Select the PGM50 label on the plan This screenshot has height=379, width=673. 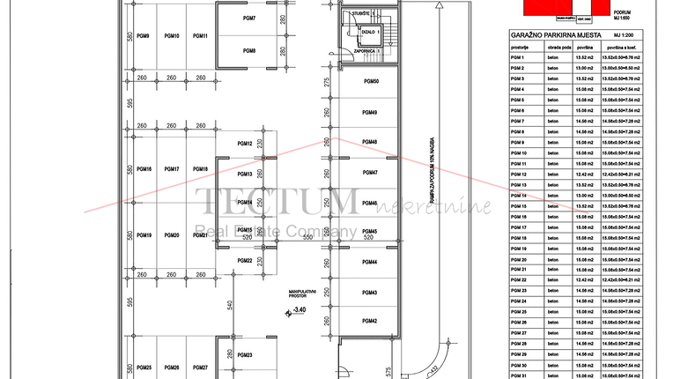[x=371, y=82]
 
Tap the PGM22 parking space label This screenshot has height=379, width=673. [x=245, y=261]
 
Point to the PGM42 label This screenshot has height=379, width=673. [x=370, y=321]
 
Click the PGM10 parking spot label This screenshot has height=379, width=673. [x=172, y=36]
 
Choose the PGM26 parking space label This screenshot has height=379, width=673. [x=172, y=368]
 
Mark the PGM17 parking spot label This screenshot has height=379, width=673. [x=172, y=169]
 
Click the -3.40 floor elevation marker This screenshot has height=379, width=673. [x=300, y=309]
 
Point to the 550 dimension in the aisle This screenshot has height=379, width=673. [x=308, y=238]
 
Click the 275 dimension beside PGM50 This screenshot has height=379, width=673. [x=326, y=83]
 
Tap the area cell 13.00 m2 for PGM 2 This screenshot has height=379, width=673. [x=584, y=68]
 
